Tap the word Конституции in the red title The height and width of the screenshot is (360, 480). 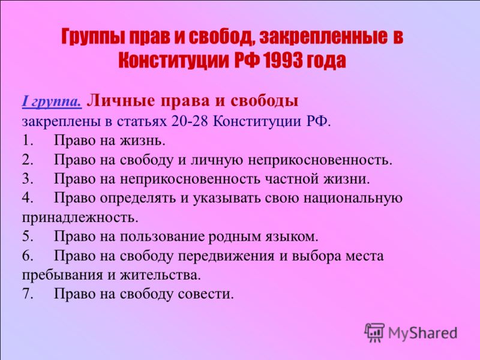[x=173, y=61]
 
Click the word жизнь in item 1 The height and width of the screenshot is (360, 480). [x=142, y=141]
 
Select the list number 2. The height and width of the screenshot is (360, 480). [x=28, y=160]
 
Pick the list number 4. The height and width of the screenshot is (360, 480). [x=28, y=198]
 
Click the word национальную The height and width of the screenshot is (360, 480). [x=353, y=199]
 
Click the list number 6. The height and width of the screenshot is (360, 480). [x=28, y=256]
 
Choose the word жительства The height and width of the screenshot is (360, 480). [x=160, y=275]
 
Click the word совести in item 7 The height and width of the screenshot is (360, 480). [x=206, y=294]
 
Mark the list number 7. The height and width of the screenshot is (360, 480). [x=28, y=294]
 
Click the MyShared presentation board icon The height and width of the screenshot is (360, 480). [x=374, y=332]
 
